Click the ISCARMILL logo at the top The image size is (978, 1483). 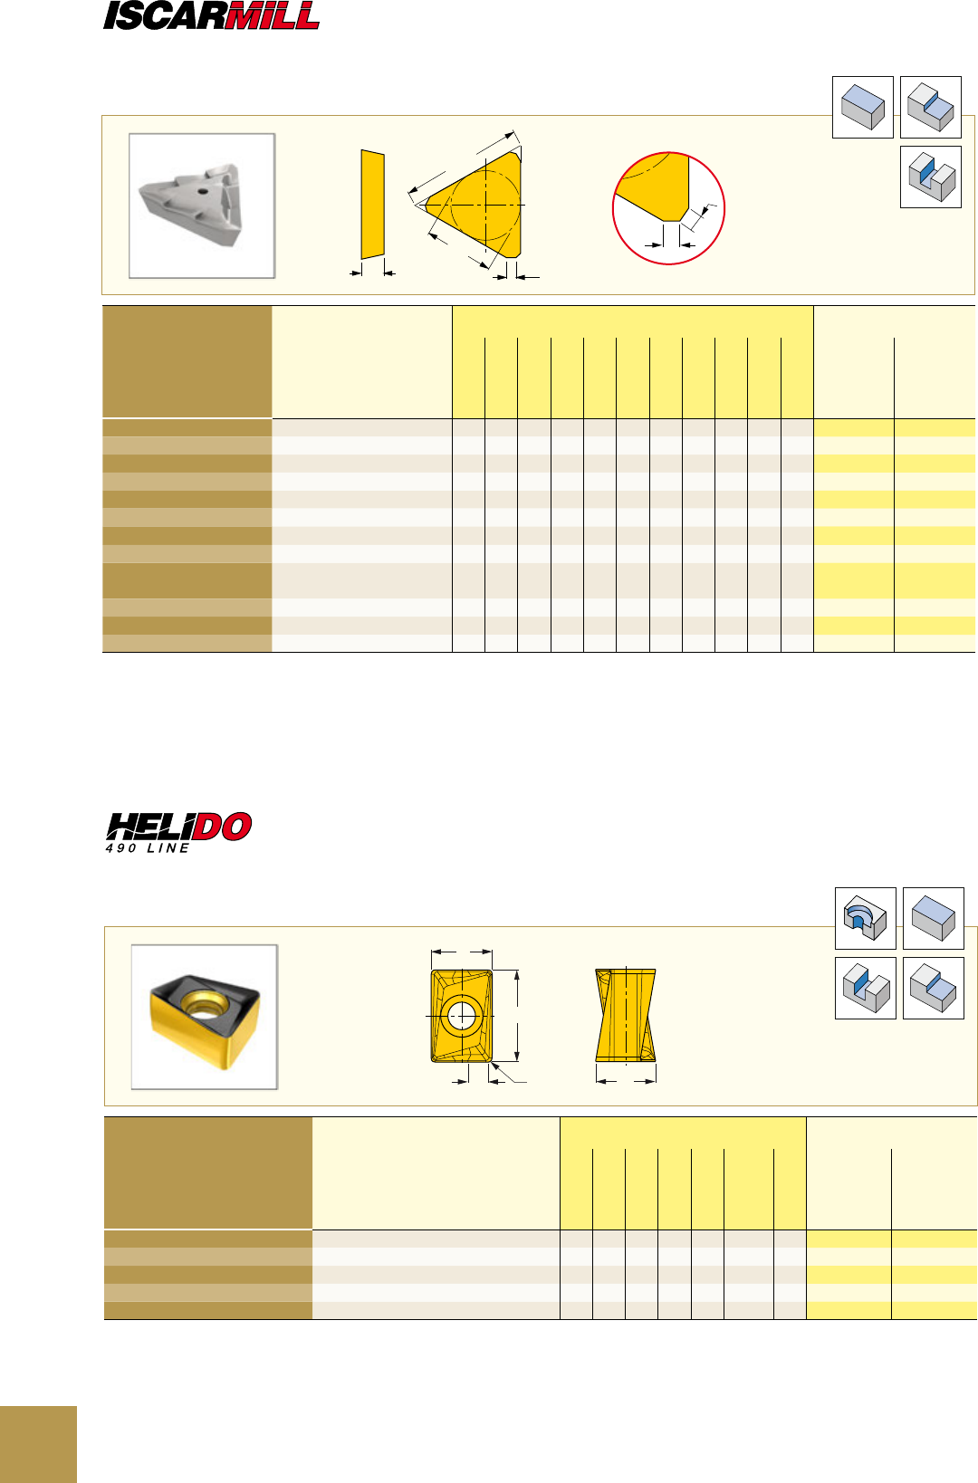[x=211, y=15]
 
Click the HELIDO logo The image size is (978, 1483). [x=178, y=827]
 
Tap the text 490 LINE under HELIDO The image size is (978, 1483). [x=148, y=848]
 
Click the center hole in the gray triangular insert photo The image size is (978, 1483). [x=203, y=192]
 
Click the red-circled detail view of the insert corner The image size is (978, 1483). [x=668, y=208]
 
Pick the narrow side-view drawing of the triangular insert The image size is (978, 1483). [x=372, y=204]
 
